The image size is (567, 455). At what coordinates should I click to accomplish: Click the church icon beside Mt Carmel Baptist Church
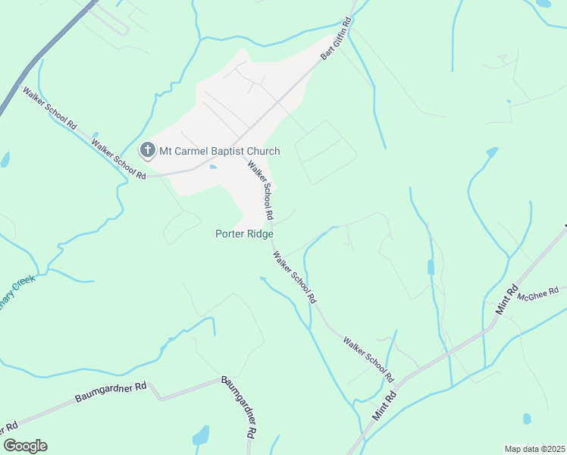[x=147, y=151]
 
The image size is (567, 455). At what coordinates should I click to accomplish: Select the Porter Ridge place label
[x=244, y=234]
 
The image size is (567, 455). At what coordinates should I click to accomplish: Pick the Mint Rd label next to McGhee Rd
[x=506, y=298]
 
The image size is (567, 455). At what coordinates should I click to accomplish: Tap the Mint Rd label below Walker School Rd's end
[x=384, y=406]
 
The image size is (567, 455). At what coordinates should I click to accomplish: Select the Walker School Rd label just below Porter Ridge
[x=295, y=278]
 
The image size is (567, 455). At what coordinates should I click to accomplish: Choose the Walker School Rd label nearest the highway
[x=51, y=108]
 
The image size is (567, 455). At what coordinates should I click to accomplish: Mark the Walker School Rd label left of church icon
[x=118, y=158]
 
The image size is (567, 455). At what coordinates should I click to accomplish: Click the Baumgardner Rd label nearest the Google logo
[x=111, y=392]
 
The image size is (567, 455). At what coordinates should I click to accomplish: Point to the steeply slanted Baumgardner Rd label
[x=240, y=408]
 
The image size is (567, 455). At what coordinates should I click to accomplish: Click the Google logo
[x=25, y=446]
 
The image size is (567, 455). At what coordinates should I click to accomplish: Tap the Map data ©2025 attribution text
[x=534, y=448]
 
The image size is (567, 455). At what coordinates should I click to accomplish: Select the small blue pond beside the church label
[x=213, y=167]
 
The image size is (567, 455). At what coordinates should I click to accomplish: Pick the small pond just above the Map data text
[x=526, y=419]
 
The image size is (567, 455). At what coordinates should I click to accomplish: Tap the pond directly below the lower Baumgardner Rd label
[x=201, y=436]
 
